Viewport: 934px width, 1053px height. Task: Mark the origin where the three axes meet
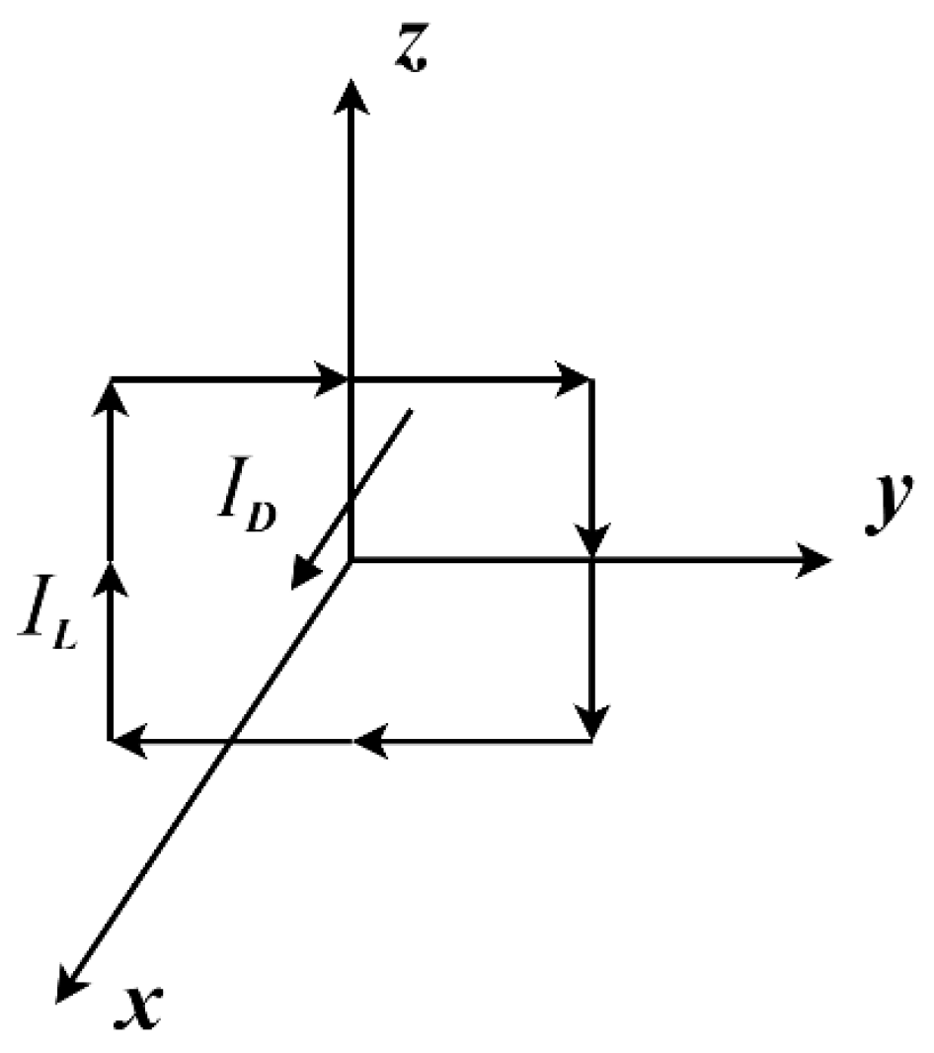coord(350,560)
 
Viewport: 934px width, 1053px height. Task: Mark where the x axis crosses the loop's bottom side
coord(229,738)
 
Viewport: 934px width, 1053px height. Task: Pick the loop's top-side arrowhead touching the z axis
coord(336,378)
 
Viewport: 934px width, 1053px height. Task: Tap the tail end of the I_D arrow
coord(409,410)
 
